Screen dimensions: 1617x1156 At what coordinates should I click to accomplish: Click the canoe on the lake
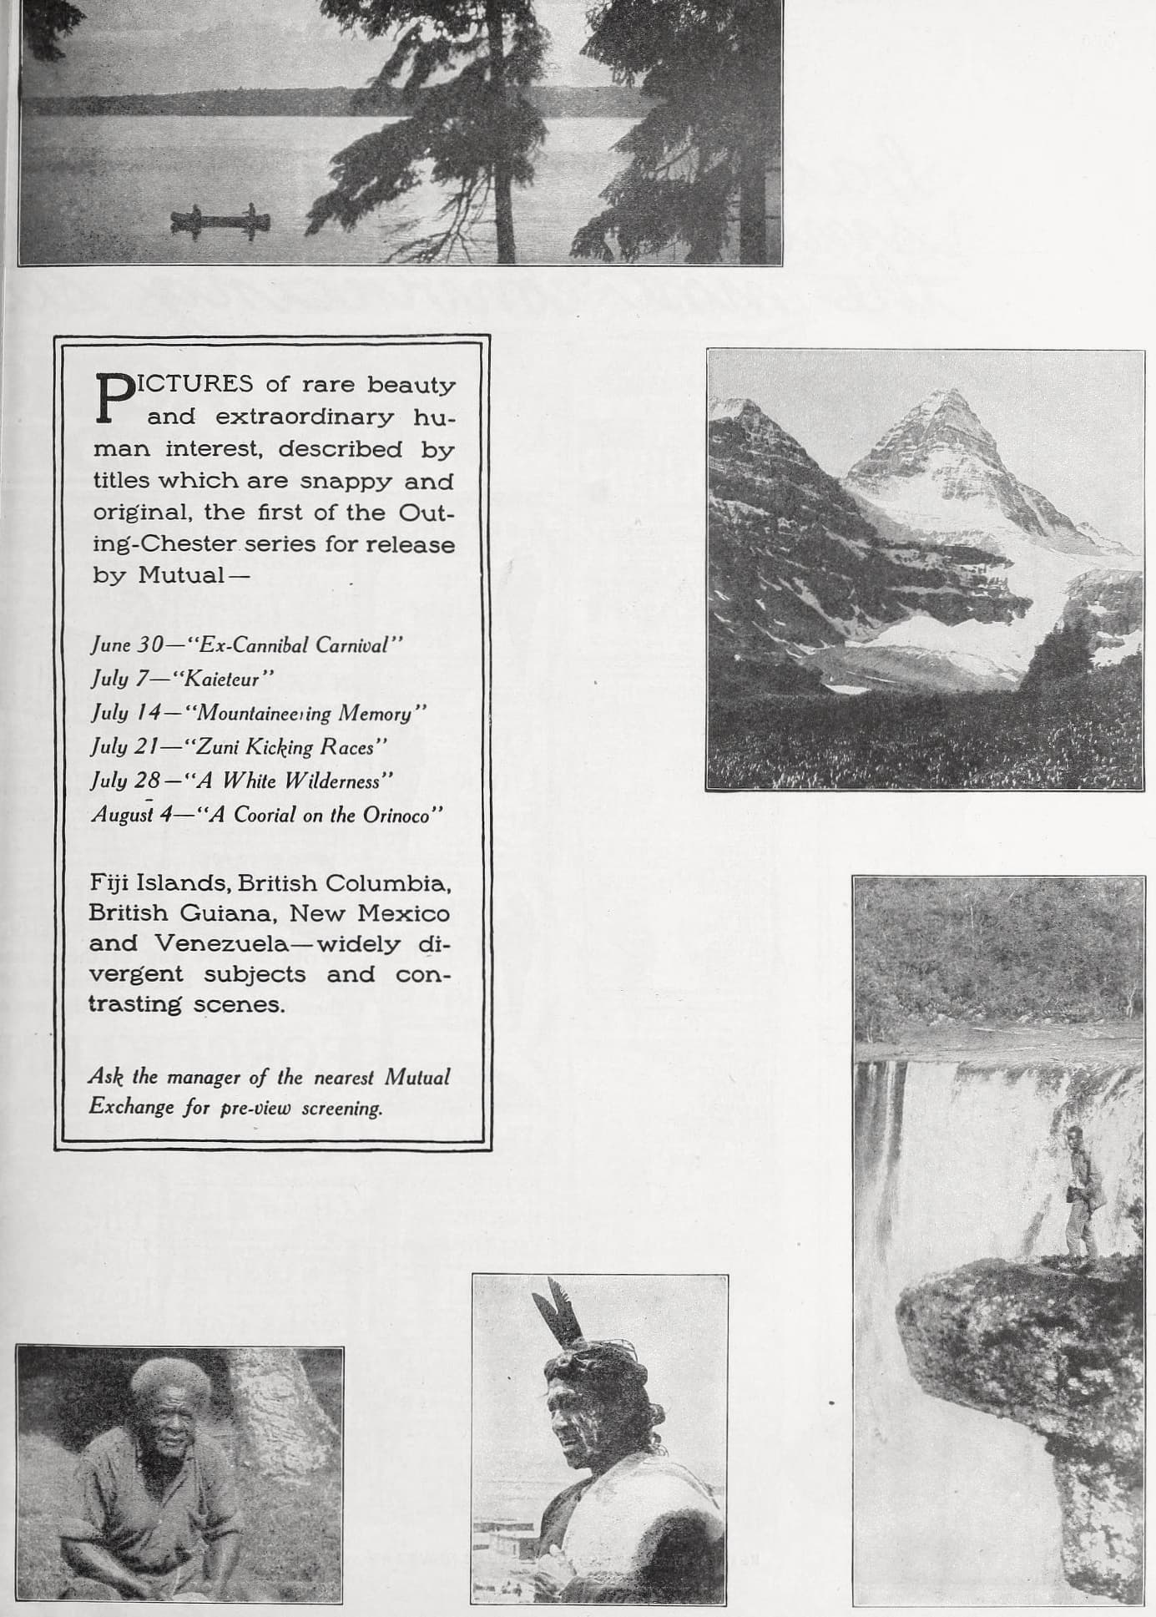(220, 220)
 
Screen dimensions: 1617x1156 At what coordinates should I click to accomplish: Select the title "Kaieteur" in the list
(222, 679)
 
